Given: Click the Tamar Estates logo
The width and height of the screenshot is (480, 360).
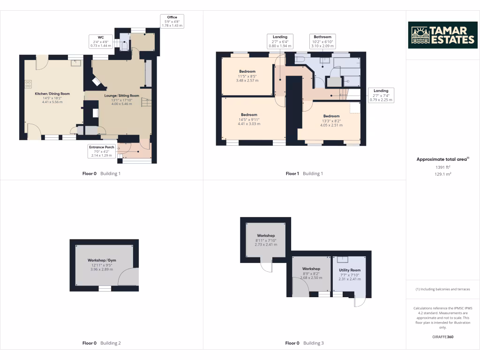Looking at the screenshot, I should [442, 35].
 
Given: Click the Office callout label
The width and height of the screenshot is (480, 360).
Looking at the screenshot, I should [172, 21].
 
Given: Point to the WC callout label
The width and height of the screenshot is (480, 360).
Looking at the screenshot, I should [101, 42].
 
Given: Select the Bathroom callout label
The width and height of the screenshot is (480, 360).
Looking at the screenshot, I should [322, 41].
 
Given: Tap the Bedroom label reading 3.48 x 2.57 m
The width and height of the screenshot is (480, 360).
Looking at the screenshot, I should [247, 76].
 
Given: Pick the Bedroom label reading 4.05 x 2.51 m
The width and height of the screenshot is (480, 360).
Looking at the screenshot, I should [331, 120].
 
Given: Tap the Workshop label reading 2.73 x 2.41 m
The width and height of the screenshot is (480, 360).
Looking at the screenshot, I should [266, 240].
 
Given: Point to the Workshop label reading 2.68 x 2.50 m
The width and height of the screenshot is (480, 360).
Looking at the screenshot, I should [311, 273].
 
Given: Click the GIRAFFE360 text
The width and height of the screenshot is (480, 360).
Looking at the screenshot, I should [442, 337].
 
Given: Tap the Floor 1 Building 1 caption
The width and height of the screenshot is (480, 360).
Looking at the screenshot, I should [304, 173].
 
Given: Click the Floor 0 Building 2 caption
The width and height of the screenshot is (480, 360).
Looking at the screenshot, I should [102, 343].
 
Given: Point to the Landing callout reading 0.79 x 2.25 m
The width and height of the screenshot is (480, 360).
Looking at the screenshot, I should [381, 95].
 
